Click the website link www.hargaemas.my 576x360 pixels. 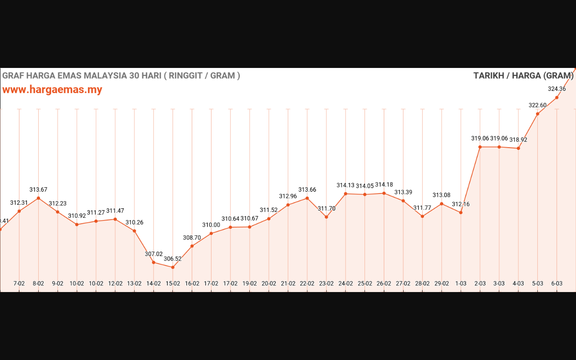point(52,90)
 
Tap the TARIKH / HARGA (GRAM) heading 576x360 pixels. point(523,76)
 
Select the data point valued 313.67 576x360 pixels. point(38,198)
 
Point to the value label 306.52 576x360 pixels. point(172,259)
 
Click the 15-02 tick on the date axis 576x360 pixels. point(173,283)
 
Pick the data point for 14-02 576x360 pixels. point(153,262)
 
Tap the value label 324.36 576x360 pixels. point(557,89)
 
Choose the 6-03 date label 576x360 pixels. point(557,283)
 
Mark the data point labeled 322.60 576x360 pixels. point(537,114)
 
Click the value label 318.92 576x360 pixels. point(518,140)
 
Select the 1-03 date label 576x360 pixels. point(461,283)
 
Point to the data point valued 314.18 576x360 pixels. point(384,193)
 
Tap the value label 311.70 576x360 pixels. point(326,208)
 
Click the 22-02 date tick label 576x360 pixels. point(307,283)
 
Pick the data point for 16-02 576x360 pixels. point(192,246)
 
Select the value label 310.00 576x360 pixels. point(211,225)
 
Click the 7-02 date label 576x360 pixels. point(19,283)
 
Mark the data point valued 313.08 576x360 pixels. point(441,204)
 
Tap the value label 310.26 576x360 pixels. point(134,222)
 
